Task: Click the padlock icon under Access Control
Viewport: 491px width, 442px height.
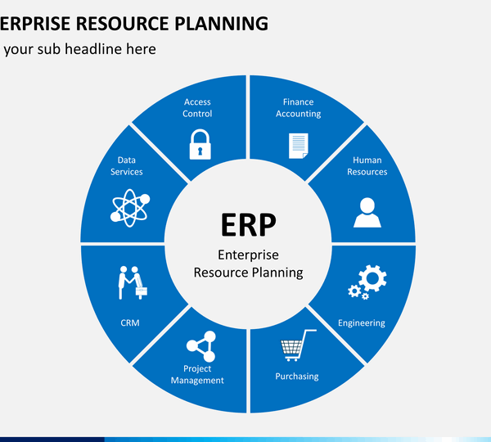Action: (x=200, y=144)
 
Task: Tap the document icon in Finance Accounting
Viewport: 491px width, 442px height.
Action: (x=299, y=146)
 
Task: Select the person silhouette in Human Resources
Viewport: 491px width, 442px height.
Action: (x=367, y=212)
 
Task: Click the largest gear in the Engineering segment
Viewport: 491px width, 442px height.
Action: (x=372, y=278)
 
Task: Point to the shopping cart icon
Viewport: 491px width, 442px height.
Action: (x=298, y=345)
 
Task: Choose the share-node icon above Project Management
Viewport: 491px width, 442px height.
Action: (x=201, y=346)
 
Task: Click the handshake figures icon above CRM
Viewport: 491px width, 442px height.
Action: (x=133, y=283)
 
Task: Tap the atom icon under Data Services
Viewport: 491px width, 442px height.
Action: (x=130, y=208)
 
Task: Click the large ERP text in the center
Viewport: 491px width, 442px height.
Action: (x=249, y=224)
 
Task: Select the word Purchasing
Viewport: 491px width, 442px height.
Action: (x=297, y=377)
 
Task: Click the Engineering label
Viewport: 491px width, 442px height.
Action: (x=362, y=323)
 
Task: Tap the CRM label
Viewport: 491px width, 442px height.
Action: (x=130, y=322)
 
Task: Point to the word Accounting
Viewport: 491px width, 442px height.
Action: (x=299, y=114)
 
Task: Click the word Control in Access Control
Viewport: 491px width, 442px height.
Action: (x=197, y=114)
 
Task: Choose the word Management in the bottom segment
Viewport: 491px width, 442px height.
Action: (x=197, y=381)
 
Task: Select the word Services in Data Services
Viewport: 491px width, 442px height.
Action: (x=127, y=172)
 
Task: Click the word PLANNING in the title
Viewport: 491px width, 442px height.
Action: (x=221, y=24)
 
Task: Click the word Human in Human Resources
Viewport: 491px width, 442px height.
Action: (x=367, y=160)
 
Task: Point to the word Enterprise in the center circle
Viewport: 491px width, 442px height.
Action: (x=248, y=255)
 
